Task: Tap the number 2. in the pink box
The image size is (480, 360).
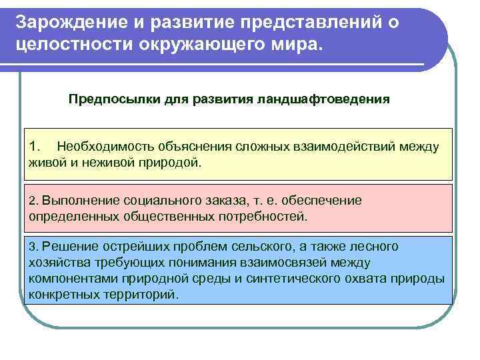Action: click(35, 201)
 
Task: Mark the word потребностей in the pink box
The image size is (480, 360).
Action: click(267, 216)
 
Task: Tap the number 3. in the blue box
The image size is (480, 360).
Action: click(35, 247)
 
